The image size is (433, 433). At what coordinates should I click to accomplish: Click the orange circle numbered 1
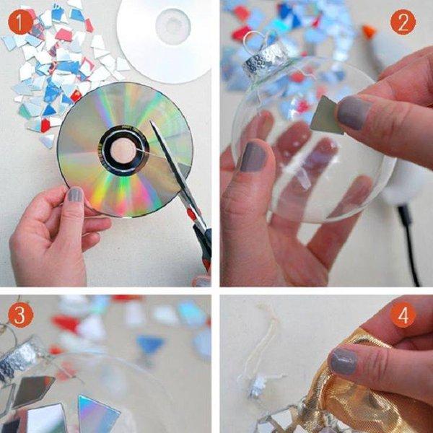pyautogui.click(x=21, y=22)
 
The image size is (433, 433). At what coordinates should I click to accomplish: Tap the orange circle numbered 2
pyautogui.click(x=403, y=22)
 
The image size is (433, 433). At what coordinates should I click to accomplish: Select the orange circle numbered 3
pyautogui.click(x=21, y=315)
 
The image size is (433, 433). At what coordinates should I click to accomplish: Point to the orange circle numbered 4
pyautogui.click(x=403, y=315)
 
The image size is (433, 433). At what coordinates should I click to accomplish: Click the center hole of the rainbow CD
pyautogui.click(x=123, y=151)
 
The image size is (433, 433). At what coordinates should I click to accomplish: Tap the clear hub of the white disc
pyautogui.click(x=173, y=27)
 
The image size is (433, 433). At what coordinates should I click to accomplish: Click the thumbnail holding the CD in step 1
pyautogui.click(x=75, y=195)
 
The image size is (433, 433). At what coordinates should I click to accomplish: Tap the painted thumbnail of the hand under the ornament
pyautogui.click(x=253, y=157)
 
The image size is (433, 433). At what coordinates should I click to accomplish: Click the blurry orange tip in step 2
pyautogui.click(x=369, y=31)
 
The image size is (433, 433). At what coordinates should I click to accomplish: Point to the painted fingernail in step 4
pyautogui.click(x=344, y=362)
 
